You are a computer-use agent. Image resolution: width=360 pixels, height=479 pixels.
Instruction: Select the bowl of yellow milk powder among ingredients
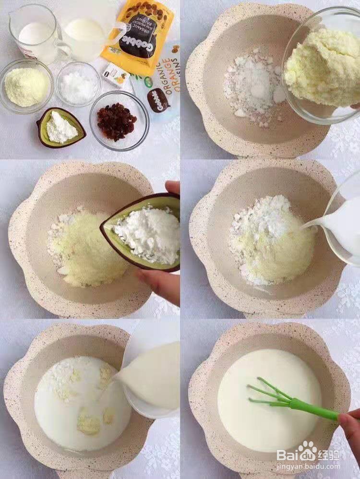[x=26, y=86]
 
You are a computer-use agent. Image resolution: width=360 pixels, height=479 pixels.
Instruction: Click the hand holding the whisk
[x=351, y=427]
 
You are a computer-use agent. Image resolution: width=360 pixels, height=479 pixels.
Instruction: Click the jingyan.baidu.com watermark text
[x=308, y=466]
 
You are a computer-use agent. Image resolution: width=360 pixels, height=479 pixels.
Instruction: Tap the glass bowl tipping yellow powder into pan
[x=319, y=67]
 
